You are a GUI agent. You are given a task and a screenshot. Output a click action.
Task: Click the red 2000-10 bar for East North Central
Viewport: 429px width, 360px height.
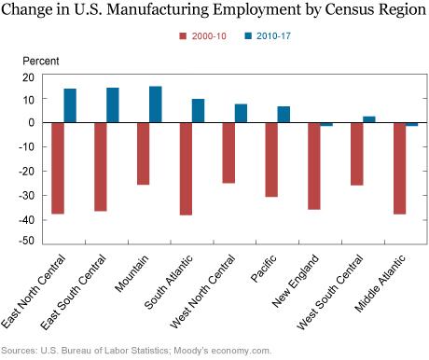58,168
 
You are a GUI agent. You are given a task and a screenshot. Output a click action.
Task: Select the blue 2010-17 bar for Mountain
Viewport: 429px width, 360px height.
156,104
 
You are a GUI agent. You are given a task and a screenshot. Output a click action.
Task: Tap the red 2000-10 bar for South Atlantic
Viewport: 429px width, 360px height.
186,169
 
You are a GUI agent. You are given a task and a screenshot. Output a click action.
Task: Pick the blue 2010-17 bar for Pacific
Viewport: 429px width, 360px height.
284,115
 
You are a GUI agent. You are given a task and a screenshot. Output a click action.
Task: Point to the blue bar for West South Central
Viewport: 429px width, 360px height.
369,119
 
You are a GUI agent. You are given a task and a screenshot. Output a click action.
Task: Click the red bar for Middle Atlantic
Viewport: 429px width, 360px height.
399,169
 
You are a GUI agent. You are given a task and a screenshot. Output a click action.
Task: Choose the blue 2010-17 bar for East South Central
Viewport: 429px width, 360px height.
113,105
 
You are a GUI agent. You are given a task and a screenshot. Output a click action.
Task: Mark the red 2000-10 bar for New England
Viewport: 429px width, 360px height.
314,166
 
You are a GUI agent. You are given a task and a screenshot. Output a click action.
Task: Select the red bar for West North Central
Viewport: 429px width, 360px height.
228,153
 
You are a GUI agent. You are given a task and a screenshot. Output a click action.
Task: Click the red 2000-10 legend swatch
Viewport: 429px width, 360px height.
183,36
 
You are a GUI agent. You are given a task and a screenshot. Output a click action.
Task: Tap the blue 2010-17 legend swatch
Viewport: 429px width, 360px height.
248,36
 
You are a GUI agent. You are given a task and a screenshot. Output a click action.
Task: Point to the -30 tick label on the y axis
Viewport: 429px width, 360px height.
26,196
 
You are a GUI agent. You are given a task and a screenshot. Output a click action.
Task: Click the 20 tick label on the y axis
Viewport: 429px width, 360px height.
28,77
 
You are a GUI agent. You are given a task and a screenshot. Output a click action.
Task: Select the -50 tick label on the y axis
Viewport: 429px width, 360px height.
26,241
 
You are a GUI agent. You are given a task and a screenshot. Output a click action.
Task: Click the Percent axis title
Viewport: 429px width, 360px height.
41,61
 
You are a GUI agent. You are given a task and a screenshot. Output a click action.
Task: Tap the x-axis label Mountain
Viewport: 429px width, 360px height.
131,273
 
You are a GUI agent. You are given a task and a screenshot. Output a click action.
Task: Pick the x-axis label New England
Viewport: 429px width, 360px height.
296,281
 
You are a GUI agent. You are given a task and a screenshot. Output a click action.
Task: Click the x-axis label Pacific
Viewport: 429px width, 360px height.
263,269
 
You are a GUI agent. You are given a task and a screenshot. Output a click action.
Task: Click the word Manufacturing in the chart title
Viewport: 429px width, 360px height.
158,9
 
